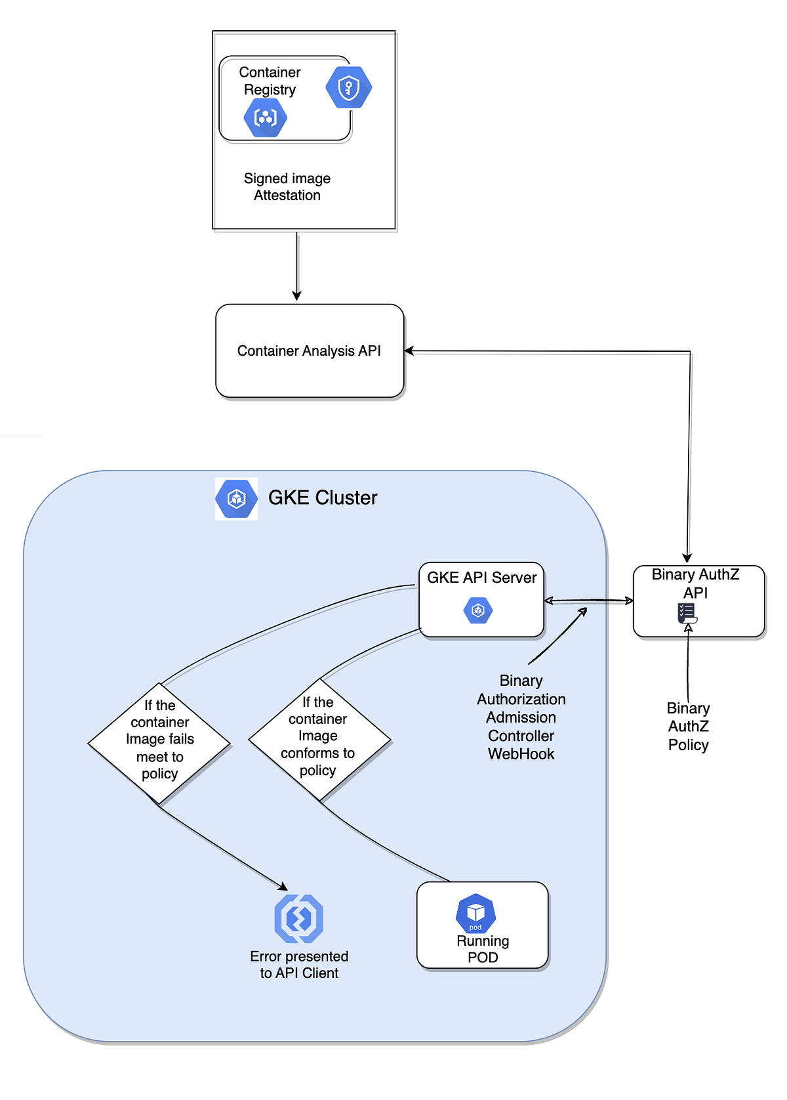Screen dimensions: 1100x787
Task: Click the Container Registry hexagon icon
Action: point(265,118)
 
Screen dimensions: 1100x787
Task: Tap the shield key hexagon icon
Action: point(348,87)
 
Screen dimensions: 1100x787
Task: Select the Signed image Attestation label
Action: point(287,187)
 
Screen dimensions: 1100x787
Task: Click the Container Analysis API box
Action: point(310,351)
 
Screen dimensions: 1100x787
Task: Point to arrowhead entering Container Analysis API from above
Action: point(297,296)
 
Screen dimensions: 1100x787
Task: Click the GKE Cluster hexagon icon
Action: point(236,499)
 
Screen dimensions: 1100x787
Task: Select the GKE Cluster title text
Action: point(323,497)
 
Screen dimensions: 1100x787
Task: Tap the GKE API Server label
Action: point(481,578)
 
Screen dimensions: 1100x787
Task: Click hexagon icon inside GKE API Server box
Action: point(478,610)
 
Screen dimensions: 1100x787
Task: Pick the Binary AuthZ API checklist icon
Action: point(687,614)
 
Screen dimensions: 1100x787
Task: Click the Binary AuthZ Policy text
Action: point(688,727)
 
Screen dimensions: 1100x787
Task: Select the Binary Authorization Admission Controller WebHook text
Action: point(521,717)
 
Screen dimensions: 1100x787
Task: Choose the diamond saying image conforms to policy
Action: point(319,738)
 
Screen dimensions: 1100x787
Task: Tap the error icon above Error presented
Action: point(298,918)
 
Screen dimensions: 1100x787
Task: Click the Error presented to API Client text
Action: point(299,965)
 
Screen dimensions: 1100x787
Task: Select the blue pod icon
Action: point(475,913)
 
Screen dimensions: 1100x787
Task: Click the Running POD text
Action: point(483,949)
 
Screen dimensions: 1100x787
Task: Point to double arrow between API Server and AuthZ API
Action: point(588,601)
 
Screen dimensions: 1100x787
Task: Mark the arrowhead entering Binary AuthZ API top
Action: point(687,558)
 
